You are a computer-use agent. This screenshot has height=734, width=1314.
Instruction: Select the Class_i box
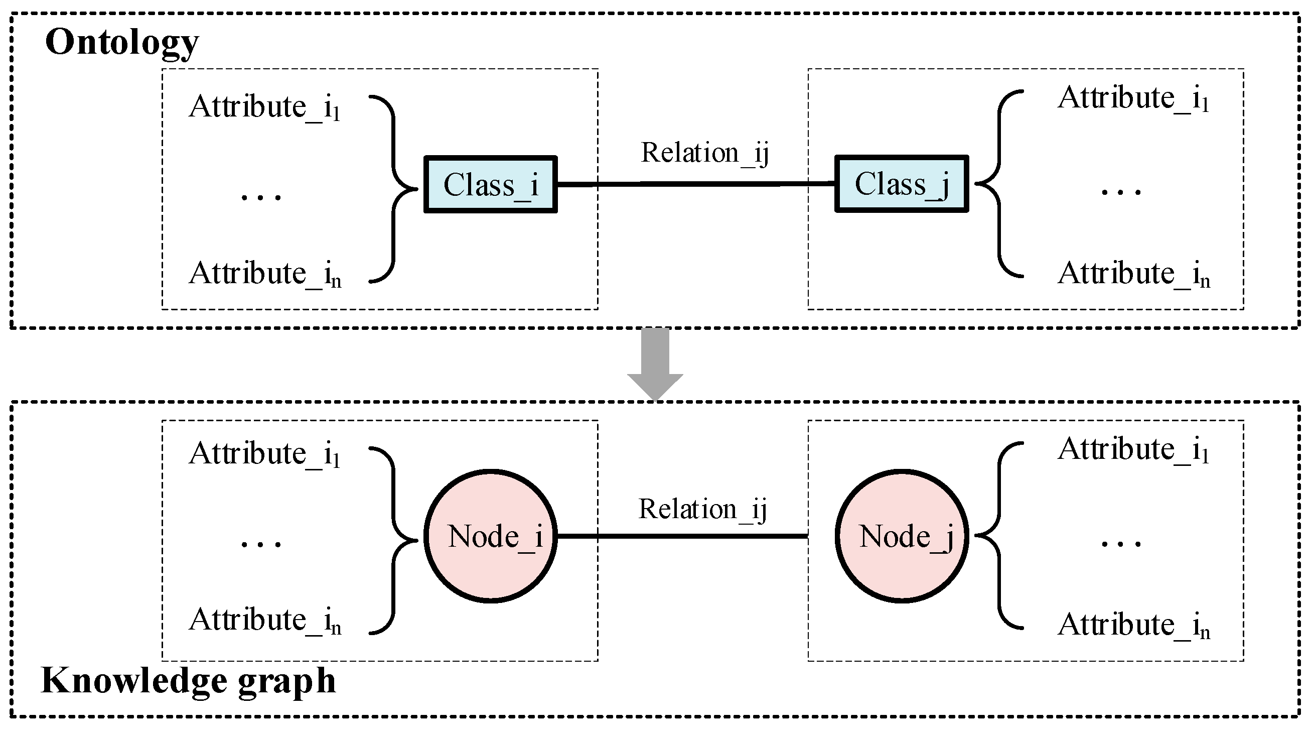coord(490,184)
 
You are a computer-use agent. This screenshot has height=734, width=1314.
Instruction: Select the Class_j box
coord(901,184)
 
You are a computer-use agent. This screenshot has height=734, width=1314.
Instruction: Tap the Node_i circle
coord(490,536)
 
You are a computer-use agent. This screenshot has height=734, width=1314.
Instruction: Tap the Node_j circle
coord(901,536)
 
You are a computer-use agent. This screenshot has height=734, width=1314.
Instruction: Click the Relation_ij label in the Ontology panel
coord(704,153)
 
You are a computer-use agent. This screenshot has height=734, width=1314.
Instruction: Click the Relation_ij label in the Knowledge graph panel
coord(702,509)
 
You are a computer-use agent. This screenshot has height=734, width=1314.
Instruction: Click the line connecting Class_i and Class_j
coord(694,184)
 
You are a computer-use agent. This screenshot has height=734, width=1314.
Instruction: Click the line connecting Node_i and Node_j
coord(683,536)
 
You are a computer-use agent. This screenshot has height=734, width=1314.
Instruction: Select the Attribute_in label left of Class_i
coord(264,274)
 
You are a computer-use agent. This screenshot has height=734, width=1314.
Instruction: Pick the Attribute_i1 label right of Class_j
coord(1132,98)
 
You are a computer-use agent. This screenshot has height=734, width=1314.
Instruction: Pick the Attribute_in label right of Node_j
coord(1133,625)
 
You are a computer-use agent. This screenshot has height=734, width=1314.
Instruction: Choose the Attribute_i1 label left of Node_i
coord(264,453)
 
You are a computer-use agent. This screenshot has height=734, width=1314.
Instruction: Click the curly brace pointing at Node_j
coord(998,536)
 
